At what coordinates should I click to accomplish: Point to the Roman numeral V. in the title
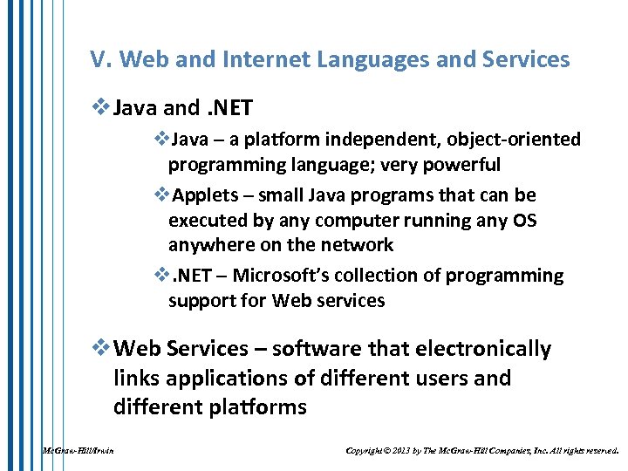click(100, 60)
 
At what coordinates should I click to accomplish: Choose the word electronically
click(472, 349)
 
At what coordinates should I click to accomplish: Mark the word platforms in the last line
click(258, 407)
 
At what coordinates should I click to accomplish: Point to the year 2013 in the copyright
click(402, 451)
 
